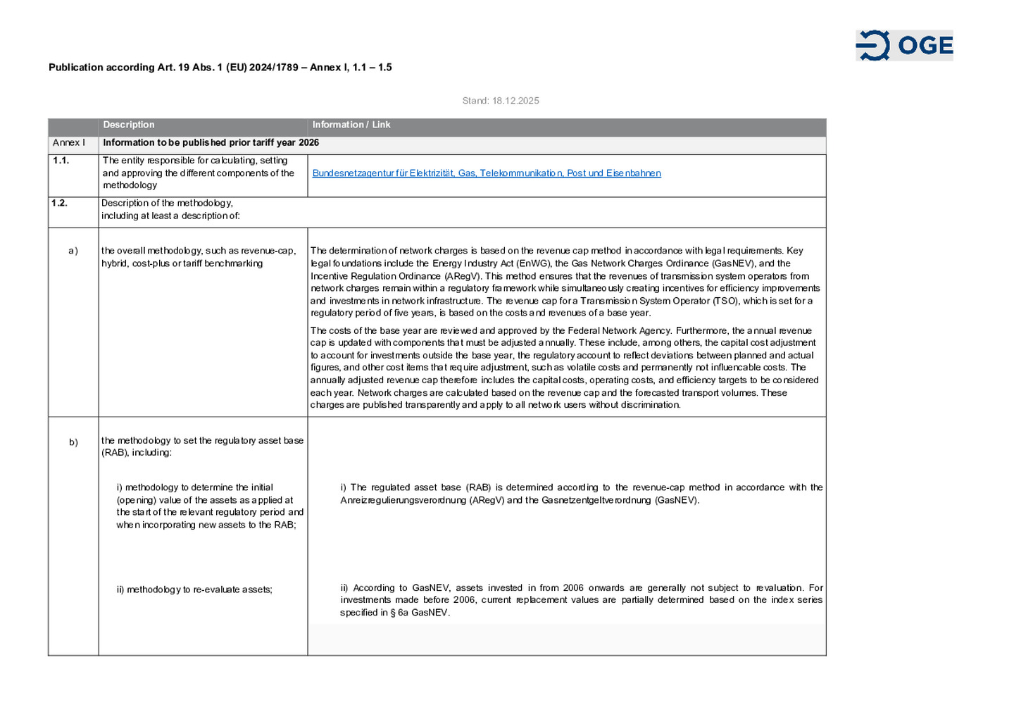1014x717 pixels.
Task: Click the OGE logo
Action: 904,46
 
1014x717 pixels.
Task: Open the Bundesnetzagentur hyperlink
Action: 486,173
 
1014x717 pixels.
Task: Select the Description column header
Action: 129,125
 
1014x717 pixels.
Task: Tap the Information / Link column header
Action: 351,125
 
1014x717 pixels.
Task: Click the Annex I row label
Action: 69,143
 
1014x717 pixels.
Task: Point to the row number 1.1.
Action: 61,161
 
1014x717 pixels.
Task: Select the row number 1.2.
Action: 59,203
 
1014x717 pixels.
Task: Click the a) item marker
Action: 73,251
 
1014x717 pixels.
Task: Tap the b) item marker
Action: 73,442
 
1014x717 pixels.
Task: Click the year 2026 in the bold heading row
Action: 308,143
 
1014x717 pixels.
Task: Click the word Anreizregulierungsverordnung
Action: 403,500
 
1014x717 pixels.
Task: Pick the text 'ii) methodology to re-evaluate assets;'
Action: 194,590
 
